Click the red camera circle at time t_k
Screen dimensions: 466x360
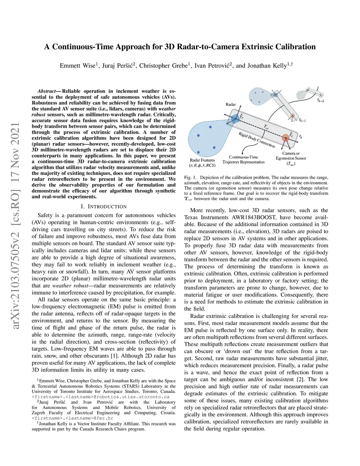tap(285, 138)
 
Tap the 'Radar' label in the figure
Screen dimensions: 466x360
tap(231, 104)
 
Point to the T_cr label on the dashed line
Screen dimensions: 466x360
tap(266, 127)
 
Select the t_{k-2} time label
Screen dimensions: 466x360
tap(321, 100)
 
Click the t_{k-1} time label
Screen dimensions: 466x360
tap(302, 120)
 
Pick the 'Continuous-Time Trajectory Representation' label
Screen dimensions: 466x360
tap(243, 160)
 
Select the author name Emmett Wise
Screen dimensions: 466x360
tap(77, 66)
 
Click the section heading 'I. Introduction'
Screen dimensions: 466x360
tap(104, 206)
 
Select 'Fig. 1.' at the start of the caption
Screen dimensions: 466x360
tap(190, 178)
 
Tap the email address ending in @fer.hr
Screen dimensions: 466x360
tap(72, 418)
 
